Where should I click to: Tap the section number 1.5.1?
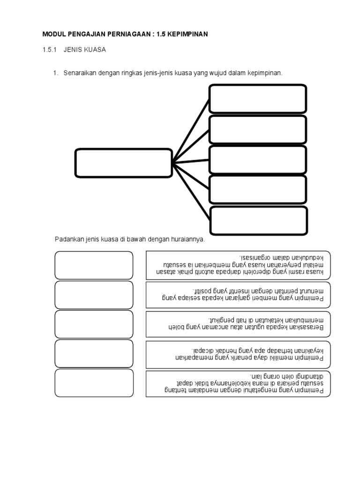tap(50, 49)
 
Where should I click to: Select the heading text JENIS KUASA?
tap(85, 49)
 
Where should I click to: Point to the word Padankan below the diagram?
tap(69, 240)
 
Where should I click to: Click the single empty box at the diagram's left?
tap(123, 164)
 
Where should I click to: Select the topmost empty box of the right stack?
tap(258, 98)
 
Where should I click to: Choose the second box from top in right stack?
tap(258, 129)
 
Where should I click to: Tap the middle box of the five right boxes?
tap(258, 160)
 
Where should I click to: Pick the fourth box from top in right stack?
tap(258, 190)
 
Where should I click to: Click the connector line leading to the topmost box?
tap(191, 131)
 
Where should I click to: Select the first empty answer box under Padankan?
tap(94, 265)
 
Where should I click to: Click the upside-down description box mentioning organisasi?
tap(238, 265)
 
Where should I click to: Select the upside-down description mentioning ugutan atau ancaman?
tap(238, 324)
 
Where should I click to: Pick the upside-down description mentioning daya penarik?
tap(238, 354)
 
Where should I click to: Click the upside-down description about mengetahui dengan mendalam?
tap(238, 383)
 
